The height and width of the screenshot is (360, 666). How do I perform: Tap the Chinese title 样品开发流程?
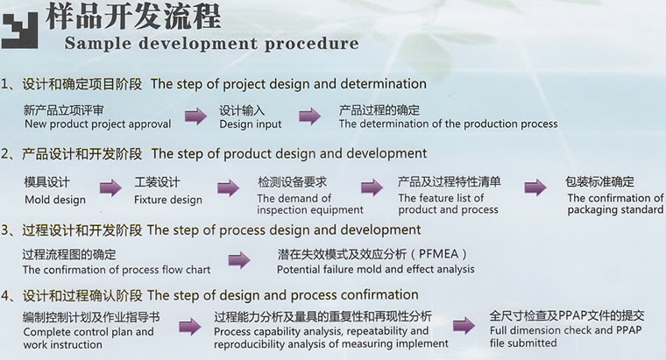click(x=133, y=16)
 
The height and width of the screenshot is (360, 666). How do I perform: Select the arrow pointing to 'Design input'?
click(x=195, y=116)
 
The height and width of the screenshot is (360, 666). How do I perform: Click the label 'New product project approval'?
click(x=97, y=124)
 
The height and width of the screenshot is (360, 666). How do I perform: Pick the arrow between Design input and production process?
click(x=309, y=116)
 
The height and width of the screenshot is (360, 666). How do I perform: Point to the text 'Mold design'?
click(x=55, y=200)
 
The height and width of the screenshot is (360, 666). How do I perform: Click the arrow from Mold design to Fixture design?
click(x=111, y=187)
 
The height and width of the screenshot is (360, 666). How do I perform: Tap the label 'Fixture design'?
click(x=168, y=200)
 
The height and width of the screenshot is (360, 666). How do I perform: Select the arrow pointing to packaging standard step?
click(x=535, y=187)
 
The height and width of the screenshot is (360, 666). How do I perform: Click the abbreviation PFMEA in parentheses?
click(x=438, y=254)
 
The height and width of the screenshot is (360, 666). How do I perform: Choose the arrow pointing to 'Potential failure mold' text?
click(x=239, y=260)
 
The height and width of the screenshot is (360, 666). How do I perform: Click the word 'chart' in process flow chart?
click(x=198, y=270)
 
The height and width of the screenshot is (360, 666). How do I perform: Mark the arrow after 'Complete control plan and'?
click(x=190, y=327)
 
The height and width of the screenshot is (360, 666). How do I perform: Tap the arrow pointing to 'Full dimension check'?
click(x=464, y=326)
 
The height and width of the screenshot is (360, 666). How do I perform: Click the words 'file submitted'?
click(x=523, y=342)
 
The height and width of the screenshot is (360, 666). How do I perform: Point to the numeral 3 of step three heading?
click(x=4, y=230)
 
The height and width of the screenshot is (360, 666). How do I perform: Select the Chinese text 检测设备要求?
click(x=292, y=182)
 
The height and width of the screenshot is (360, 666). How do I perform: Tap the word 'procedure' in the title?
click(x=312, y=44)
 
